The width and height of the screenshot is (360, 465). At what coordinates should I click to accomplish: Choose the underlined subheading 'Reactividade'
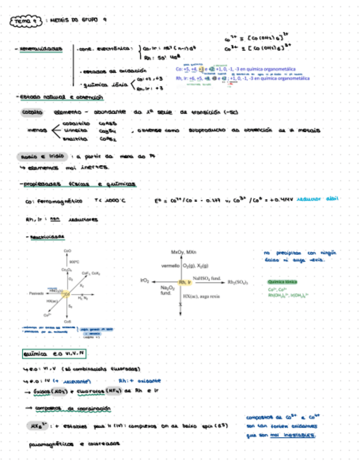(x=48, y=237)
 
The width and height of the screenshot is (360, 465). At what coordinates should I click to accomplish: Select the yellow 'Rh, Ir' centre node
(x=185, y=282)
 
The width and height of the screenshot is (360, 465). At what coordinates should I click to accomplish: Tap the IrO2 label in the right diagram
(x=145, y=281)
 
